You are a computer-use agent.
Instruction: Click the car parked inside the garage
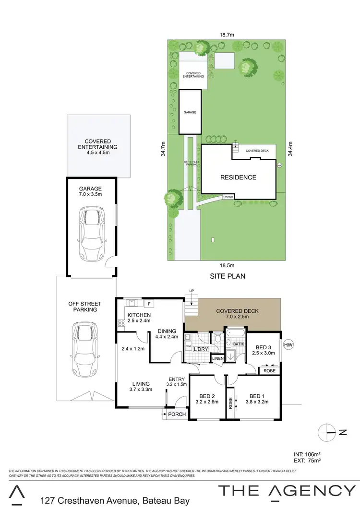[91, 234]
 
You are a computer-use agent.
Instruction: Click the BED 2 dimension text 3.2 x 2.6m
[207, 403]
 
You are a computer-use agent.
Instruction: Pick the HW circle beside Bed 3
[288, 344]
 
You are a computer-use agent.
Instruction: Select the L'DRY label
[200, 349]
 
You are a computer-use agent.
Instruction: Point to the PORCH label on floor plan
[177, 414]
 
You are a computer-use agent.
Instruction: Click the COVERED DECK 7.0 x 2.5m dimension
[238, 318]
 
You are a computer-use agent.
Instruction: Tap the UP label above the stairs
[192, 291]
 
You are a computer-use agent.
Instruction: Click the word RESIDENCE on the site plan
[238, 178]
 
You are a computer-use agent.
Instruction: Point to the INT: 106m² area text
[307, 453]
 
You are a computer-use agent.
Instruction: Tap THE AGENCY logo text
[287, 491]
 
